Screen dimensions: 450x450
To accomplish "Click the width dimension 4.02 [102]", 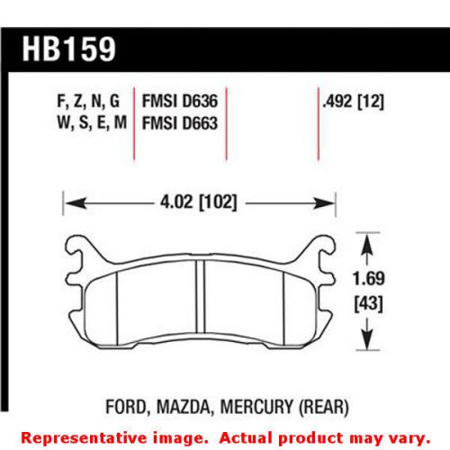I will click(x=195, y=203).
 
